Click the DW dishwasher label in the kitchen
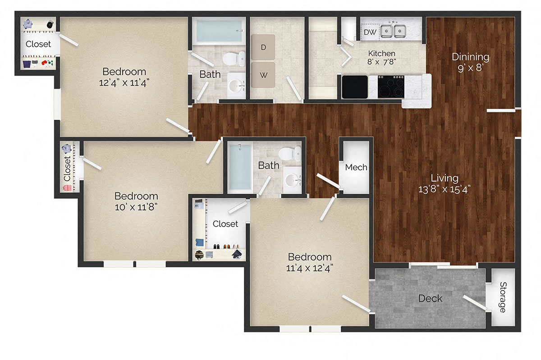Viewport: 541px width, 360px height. pos(370,32)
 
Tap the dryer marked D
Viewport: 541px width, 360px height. pos(263,47)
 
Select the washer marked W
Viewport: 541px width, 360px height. pos(263,75)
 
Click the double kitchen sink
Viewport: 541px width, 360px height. pos(393,31)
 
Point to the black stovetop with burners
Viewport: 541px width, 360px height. pos(390,86)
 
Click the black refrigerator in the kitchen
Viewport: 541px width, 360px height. pos(355,87)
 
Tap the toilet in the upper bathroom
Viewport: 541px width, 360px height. pos(234,59)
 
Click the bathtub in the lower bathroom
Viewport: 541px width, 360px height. pos(239,166)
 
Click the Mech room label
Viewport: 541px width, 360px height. pos(356,167)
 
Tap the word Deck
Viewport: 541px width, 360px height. pos(430,298)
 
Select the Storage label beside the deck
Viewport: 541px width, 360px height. pos(502,297)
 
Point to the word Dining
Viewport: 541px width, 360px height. pos(470,57)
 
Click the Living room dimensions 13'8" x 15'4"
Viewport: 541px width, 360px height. pos(444,189)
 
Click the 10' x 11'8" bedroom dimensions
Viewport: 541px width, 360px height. pos(136,207)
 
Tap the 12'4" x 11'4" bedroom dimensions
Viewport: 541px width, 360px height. pos(124,82)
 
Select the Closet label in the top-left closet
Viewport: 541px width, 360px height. pos(38,44)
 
